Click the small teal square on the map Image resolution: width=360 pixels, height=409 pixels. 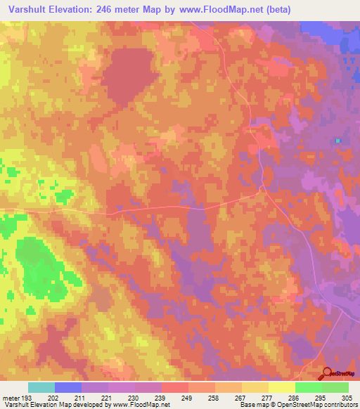point(338,141)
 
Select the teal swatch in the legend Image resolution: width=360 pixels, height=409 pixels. point(41,387)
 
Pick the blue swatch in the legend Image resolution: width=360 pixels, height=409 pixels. point(68,387)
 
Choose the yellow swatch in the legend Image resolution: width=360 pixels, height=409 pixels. point(282,387)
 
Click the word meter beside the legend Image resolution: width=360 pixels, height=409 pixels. point(11,398)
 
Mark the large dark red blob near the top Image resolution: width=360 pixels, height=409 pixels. point(131,67)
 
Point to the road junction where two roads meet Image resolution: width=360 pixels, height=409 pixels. point(261,188)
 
